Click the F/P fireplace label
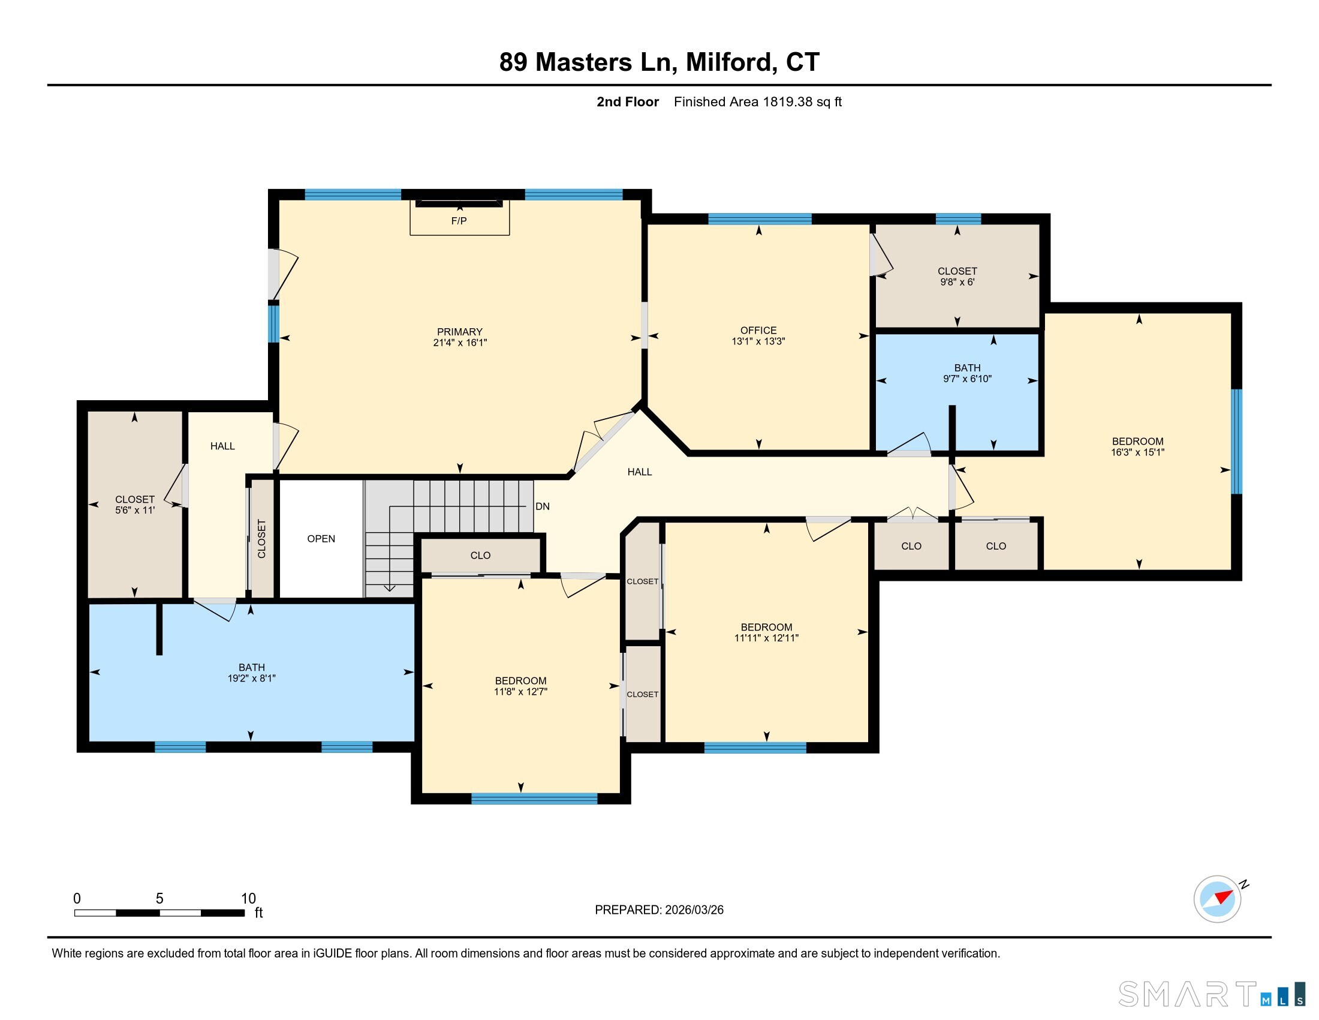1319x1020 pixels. tap(459, 221)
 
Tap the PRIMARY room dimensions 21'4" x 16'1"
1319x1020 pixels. tap(460, 343)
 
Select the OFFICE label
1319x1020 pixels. tap(758, 331)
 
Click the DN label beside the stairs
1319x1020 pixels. tap(543, 506)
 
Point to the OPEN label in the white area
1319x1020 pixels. tap(321, 539)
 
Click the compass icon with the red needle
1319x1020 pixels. tap(1217, 899)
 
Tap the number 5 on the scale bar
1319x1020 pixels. tap(159, 899)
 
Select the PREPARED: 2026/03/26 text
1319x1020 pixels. tap(659, 910)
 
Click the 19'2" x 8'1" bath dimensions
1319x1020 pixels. tap(251, 679)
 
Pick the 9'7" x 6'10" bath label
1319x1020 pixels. tap(967, 379)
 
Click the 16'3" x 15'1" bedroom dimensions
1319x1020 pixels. tap(1137, 452)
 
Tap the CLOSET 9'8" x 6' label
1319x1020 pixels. tap(957, 277)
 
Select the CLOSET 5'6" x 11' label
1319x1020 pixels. tap(135, 505)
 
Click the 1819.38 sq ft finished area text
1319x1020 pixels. tap(757, 102)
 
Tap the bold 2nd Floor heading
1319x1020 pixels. tap(628, 102)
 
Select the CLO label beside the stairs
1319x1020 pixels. tap(480, 556)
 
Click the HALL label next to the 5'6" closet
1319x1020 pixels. tap(222, 446)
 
